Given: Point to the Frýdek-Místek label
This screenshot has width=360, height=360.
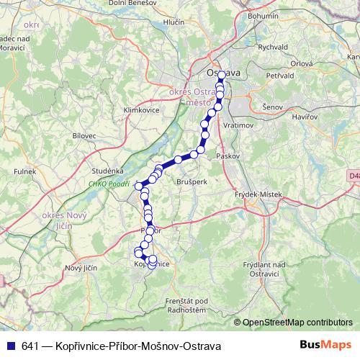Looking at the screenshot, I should coord(251,195).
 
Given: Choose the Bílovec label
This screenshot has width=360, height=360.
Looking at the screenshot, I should coord(84,135).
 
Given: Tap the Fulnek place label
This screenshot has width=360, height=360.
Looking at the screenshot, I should coord(27,172).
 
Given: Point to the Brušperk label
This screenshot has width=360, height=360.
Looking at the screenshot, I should coord(192,182).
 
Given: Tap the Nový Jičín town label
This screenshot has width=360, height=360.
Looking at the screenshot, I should coord(81,268).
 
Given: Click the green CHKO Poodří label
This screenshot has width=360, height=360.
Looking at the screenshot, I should coord(109,184).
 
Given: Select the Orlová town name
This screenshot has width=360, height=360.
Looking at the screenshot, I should coord(302,63).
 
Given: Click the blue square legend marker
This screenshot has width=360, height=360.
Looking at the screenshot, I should coord(9,346).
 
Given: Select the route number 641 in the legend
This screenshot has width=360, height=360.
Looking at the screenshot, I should coord(30,346).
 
